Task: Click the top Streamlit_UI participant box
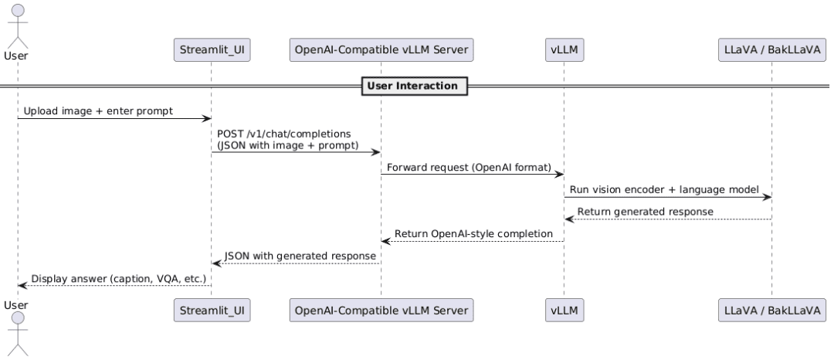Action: pyautogui.click(x=212, y=50)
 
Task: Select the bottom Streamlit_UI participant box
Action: pyautogui.click(x=212, y=310)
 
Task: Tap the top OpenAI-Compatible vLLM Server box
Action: pyautogui.click(x=381, y=50)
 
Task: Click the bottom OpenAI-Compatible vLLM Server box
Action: pyautogui.click(x=381, y=310)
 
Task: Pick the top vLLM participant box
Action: pyautogui.click(x=564, y=50)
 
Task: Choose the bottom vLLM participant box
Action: pyautogui.click(x=564, y=310)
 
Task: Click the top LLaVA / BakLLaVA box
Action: pyautogui.click(x=771, y=50)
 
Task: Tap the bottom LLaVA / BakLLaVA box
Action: pyautogui.click(x=771, y=310)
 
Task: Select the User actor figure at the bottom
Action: pyautogui.click(x=18, y=334)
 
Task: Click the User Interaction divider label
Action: pyautogui.click(x=415, y=86)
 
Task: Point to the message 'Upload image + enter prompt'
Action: pyautogui.click(x=98, y=111)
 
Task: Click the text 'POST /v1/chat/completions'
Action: pyautogui.click(x=284, y=134)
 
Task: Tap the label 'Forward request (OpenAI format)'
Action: pyautogui.click(x=470, y=168)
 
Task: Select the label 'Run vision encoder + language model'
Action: pyautogui.click(x=664, y=190)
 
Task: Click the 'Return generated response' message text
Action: pyautogui.click(x=645, y=212)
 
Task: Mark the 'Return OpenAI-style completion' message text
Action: pyautogui.click(x=473, y=234)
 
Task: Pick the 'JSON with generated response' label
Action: pyautogui.click(x=300, y=256)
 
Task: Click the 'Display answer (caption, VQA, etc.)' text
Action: pyautogui.click(x=119, y=278)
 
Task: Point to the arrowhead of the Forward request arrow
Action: pyautogui.click(x=559, y=175)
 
